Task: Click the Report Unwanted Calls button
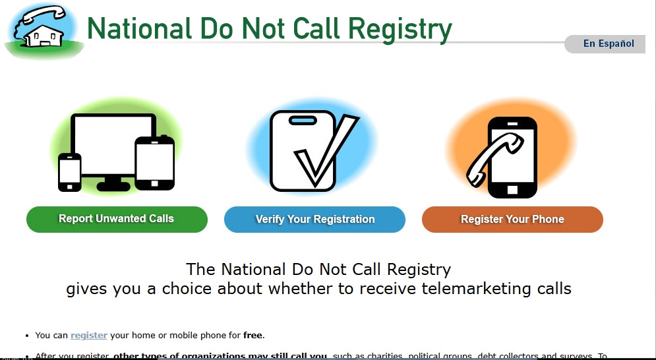click(117, 219)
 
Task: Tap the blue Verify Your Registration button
click(314, 219)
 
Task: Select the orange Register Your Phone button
click(512, 219)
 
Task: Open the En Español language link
click(608, 44)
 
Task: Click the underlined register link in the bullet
click(89, 336)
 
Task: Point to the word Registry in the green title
click(400, 28)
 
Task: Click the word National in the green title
click(138, 28)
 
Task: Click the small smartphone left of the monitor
click(69, 172)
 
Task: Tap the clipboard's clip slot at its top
click(303, 120)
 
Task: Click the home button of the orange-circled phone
click(511, 190)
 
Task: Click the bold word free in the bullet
click(253, 336)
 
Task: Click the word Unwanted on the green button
click(117, 219)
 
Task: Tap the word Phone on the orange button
click(548, 219)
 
